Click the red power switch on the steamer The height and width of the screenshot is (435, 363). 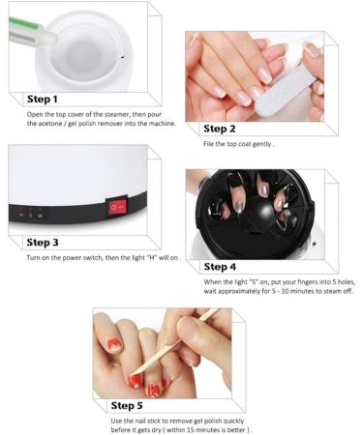118,206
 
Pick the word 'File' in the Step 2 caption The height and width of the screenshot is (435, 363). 210,144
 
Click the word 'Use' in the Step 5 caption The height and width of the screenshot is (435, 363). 117,420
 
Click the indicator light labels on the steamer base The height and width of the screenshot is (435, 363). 29,214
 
